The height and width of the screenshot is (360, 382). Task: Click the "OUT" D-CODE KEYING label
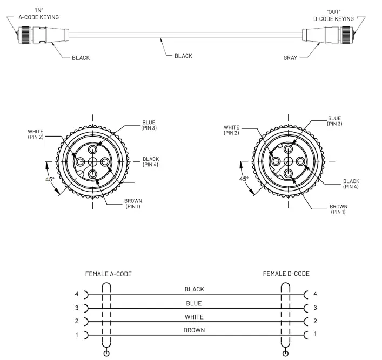coord(333,15)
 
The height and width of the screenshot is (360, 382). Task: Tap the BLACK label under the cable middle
coord(183,56)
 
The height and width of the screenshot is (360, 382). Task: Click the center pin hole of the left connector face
coord(93,161)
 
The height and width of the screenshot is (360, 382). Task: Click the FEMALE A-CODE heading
coord(108,274)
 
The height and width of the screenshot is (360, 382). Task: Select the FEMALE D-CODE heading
coord(286,274)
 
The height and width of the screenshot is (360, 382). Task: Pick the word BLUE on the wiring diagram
coord(194,303)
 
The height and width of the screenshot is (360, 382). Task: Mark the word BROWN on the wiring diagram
coord(194,329)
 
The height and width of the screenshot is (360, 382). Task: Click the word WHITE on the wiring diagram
coord(194,317)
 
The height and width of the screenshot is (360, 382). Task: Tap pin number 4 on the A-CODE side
coord(77,295)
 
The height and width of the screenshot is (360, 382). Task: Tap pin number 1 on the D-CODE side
coord(316,334)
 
